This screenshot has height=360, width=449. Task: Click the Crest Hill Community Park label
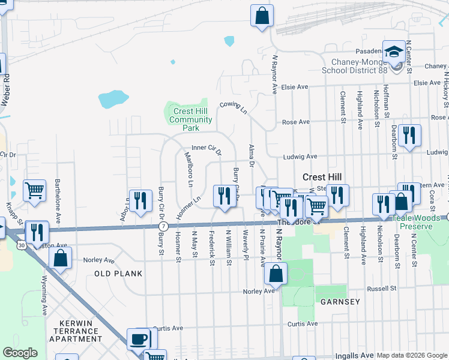click(190, 119)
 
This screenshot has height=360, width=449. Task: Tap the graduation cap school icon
click(394, 52)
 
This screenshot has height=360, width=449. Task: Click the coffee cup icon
click(138, 340)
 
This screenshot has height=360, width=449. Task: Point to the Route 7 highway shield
click(163, 226)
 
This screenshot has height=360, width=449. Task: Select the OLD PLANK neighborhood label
click(118, 274)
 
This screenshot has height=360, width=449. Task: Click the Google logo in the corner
click(20, 353)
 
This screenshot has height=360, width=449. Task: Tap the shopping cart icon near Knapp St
click(35, 190)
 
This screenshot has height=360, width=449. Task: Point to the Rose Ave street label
click(295, 122)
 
